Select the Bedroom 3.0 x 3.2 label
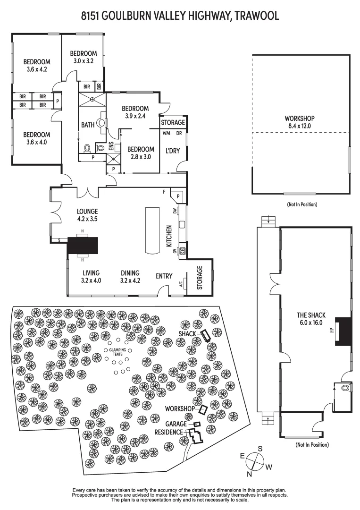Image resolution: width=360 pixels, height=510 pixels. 83,57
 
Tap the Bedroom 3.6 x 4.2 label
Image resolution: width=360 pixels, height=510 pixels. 37,65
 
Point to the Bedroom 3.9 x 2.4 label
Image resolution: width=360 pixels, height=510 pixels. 135,112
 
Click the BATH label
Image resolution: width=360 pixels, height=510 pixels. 88,125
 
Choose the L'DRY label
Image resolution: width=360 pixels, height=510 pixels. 170,151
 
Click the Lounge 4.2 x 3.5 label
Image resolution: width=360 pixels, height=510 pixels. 87,215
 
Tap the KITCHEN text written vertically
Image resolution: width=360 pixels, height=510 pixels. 168,236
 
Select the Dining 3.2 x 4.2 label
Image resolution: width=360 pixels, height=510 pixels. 130,276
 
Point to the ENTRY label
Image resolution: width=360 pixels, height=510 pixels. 164,276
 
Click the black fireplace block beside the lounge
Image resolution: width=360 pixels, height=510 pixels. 83,246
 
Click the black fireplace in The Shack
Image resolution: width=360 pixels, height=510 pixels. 343,331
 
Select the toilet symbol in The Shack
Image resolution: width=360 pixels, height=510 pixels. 345,388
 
